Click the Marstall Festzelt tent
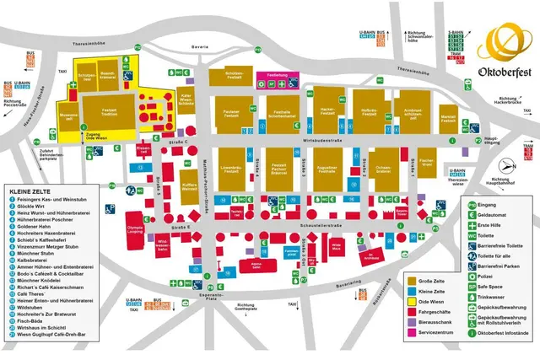pyautogui.click(x=449, y=120)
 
